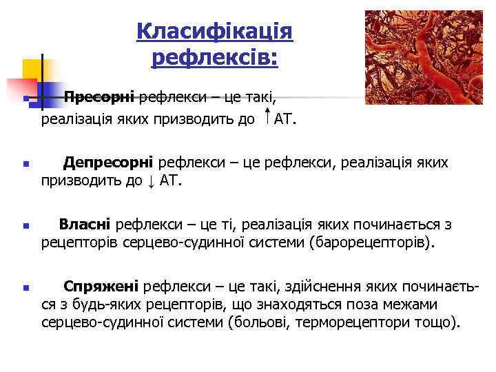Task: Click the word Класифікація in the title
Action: point(214,31)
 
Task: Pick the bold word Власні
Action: point(85,224)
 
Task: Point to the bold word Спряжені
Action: point(101,286)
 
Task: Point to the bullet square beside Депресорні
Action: point(25,165)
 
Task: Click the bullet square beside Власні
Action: point(25,226)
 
